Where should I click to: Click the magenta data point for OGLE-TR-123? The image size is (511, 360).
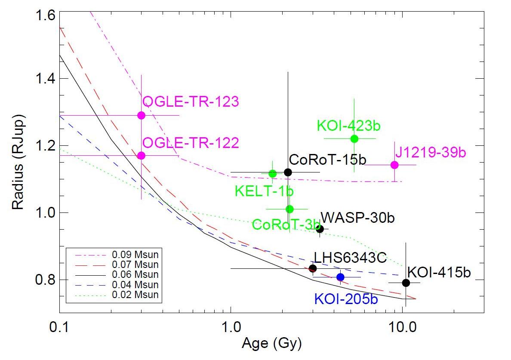tap(141, 115)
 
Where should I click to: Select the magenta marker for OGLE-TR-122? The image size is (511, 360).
tap(141, 156)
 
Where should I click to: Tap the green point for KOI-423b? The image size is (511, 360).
tap(354, 138)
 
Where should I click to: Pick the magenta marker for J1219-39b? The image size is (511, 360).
tap(394, 165)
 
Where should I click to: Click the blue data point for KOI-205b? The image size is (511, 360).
tap(340, 277)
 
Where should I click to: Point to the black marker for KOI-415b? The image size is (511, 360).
tap(406, 283)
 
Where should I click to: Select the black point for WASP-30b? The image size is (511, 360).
tap(320, 229)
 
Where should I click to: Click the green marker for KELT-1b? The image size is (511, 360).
tap(272, 174)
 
